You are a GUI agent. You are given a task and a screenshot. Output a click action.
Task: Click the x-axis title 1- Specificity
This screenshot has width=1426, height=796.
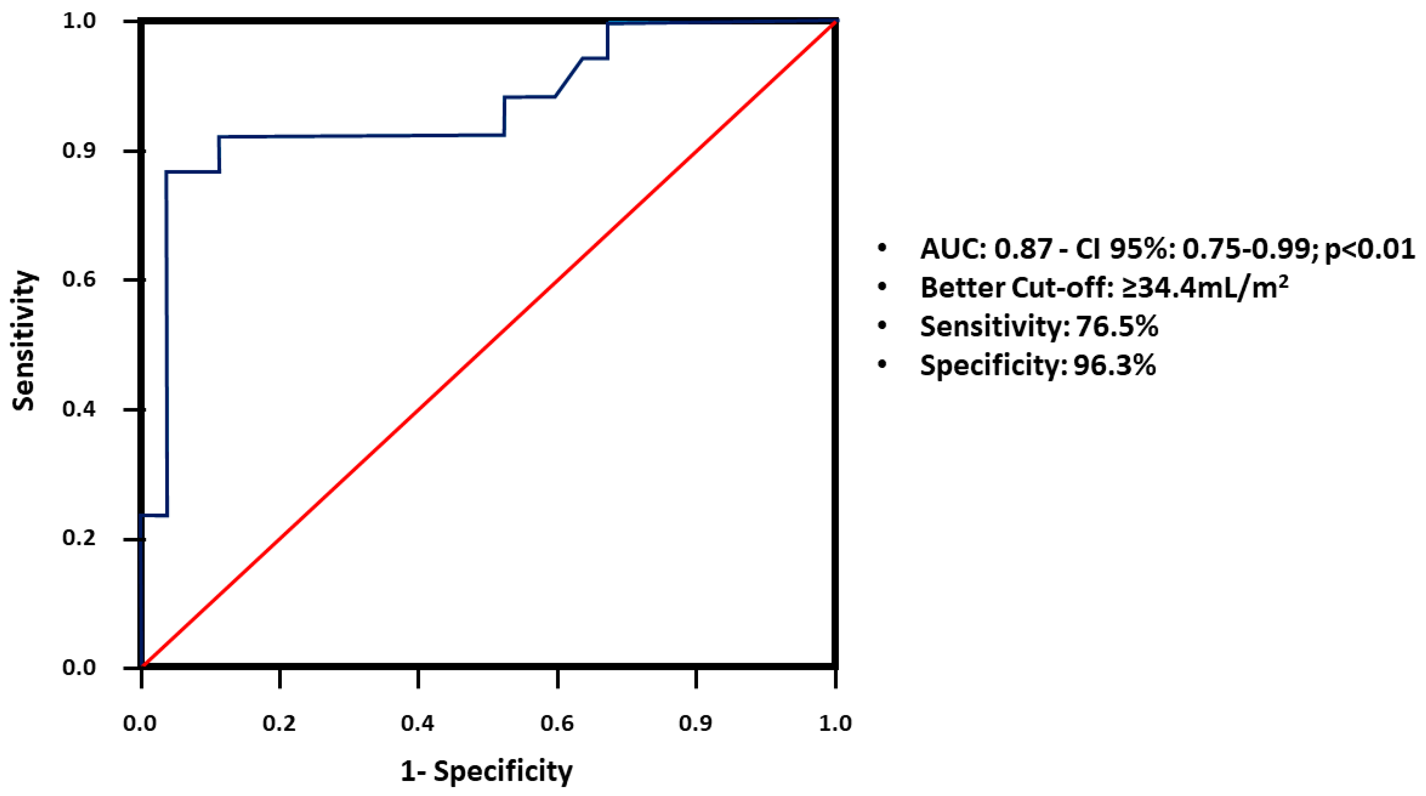pos(486,771)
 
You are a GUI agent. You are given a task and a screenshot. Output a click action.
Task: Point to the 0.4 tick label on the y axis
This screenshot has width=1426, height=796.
pos(79,409)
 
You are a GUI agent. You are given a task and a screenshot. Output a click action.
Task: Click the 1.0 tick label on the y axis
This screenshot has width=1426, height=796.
pos(79,21)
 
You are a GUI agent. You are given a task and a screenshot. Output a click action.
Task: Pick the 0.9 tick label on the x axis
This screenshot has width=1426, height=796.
pos(695,723)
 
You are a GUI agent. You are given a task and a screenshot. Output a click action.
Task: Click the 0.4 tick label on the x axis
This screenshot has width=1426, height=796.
pos(418,723)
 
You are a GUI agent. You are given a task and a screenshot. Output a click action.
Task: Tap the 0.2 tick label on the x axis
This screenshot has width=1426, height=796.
pos(280,723)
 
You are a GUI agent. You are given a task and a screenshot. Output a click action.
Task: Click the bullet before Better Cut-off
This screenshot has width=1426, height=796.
pos(882,288)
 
